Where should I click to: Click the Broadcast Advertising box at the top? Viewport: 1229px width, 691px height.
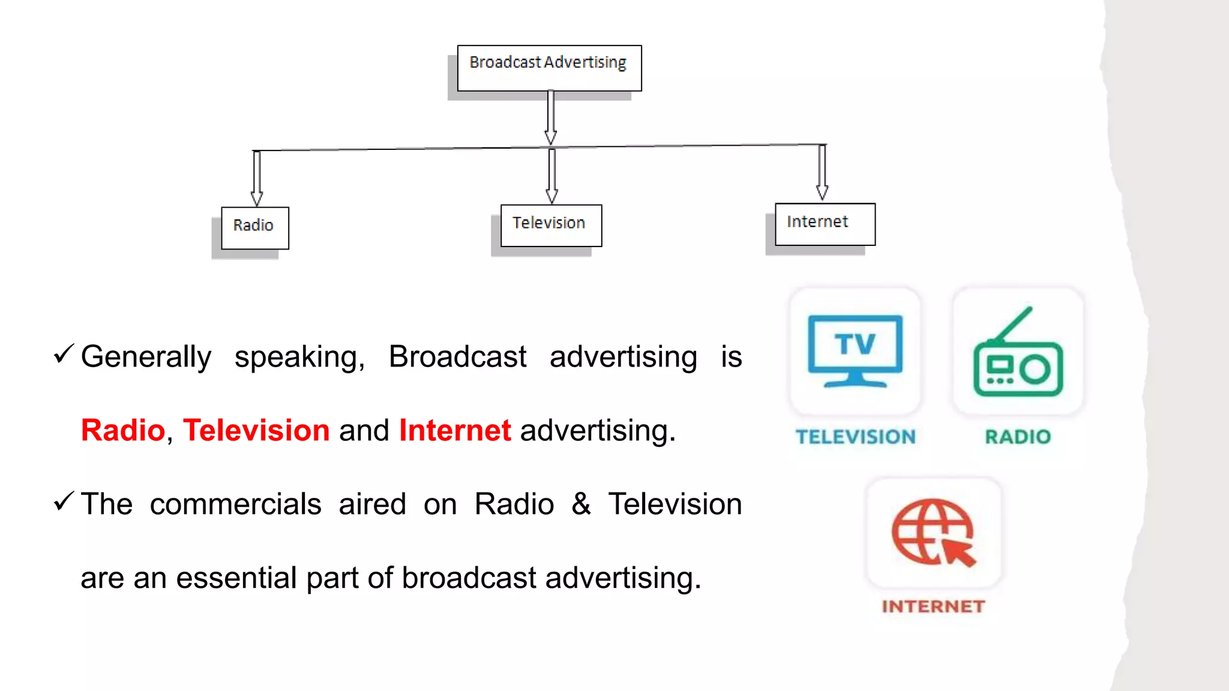click(x=549, y=67)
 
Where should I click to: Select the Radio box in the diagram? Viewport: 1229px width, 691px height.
click(x=255, y=227)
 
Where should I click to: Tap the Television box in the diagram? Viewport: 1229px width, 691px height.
click(x=551, y=225)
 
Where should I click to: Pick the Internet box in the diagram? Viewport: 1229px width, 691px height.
click(x=825, y=224)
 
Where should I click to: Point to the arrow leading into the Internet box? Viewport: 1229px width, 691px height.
click(x=822, y=173)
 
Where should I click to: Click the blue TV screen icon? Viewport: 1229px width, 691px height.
click(x=855, y=351)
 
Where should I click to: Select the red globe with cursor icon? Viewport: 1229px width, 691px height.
click(x=934, y=533)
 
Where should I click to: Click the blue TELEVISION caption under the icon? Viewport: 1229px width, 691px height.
click(x=856, y=437)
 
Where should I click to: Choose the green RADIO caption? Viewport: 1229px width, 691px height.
click(x=1018, y=437)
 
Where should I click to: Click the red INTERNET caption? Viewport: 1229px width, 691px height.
click(x=933, y=606)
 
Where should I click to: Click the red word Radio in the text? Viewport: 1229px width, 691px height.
click(x=123, y=430)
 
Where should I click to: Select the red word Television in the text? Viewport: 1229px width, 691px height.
click(x=256, y=430)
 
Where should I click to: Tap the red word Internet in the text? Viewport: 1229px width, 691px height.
click(x=455, y=430)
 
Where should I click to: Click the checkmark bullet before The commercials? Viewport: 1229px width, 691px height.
click(x=64, y=501)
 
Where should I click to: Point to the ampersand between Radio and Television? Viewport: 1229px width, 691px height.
click(x=581, y=504)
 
